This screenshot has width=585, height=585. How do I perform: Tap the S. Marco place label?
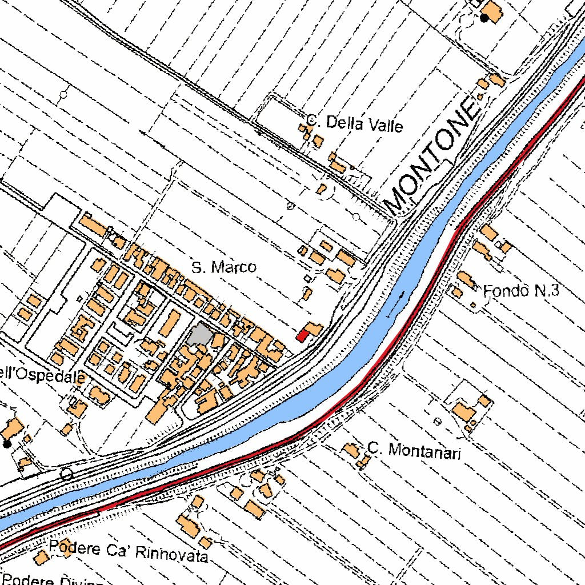[223, 267]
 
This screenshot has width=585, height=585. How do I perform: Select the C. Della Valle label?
[355, 123]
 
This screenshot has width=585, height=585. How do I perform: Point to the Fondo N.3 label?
[520, 291]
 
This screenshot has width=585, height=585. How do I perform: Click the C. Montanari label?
[414, 451]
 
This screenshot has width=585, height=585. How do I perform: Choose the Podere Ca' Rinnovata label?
[128, 551]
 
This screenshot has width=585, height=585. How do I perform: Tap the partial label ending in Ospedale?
[42, 375]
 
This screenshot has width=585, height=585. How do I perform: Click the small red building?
[302, 336]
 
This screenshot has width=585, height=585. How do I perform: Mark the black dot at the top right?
[484, 18]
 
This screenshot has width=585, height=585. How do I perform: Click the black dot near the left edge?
[7, 443]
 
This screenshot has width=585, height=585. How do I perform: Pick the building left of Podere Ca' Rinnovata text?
[40, 558]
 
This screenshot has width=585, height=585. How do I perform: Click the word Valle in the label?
[384, 125]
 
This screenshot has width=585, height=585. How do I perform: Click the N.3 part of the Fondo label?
[546, 291]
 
